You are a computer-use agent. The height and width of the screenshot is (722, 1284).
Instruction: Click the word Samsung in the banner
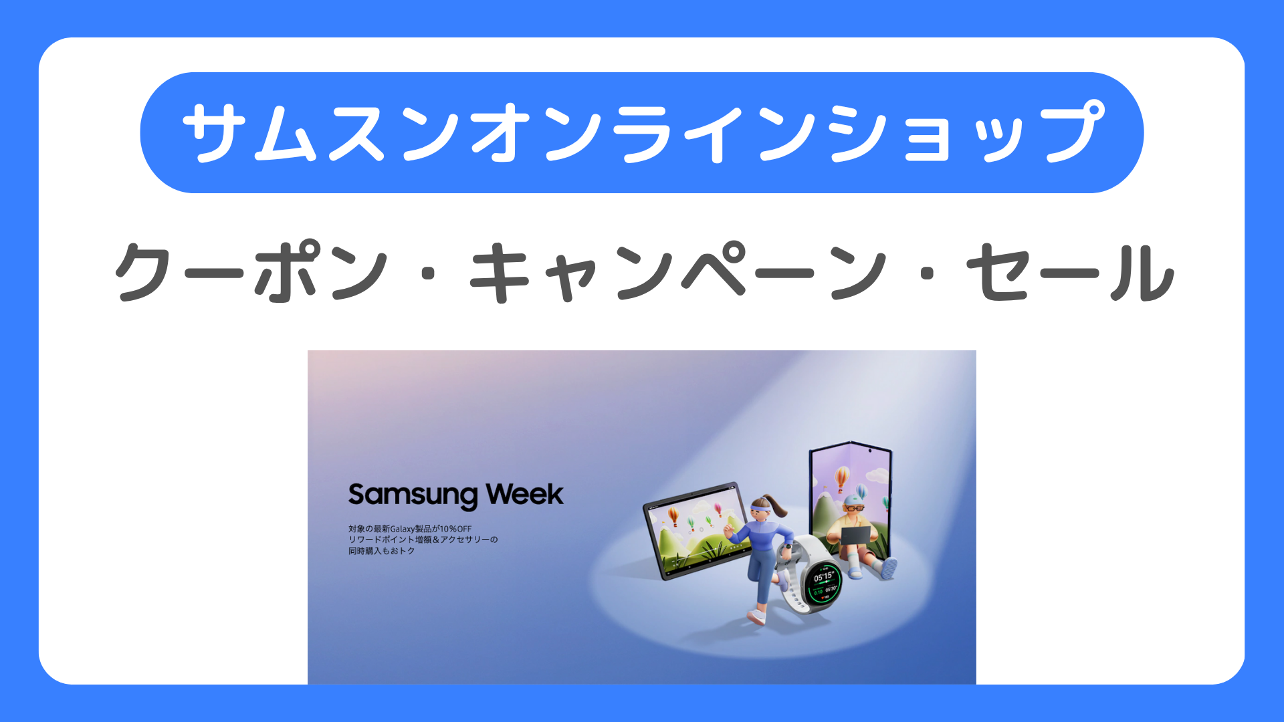coord(413,496)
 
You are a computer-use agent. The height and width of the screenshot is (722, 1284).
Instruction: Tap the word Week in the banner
coord(525,495)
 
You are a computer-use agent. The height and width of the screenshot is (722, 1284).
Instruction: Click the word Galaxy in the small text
coord(403,529)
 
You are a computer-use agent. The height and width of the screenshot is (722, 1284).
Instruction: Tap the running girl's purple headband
coord(762,511)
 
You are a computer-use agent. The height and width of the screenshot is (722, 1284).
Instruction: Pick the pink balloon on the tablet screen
coord(718,510)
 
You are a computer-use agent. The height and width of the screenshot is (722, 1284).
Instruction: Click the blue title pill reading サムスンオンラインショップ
coord(642,132)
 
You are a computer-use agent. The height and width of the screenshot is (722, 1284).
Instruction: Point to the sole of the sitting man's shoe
coord(889,569)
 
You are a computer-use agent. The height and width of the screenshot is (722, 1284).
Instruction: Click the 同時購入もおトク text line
coord(381,551)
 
